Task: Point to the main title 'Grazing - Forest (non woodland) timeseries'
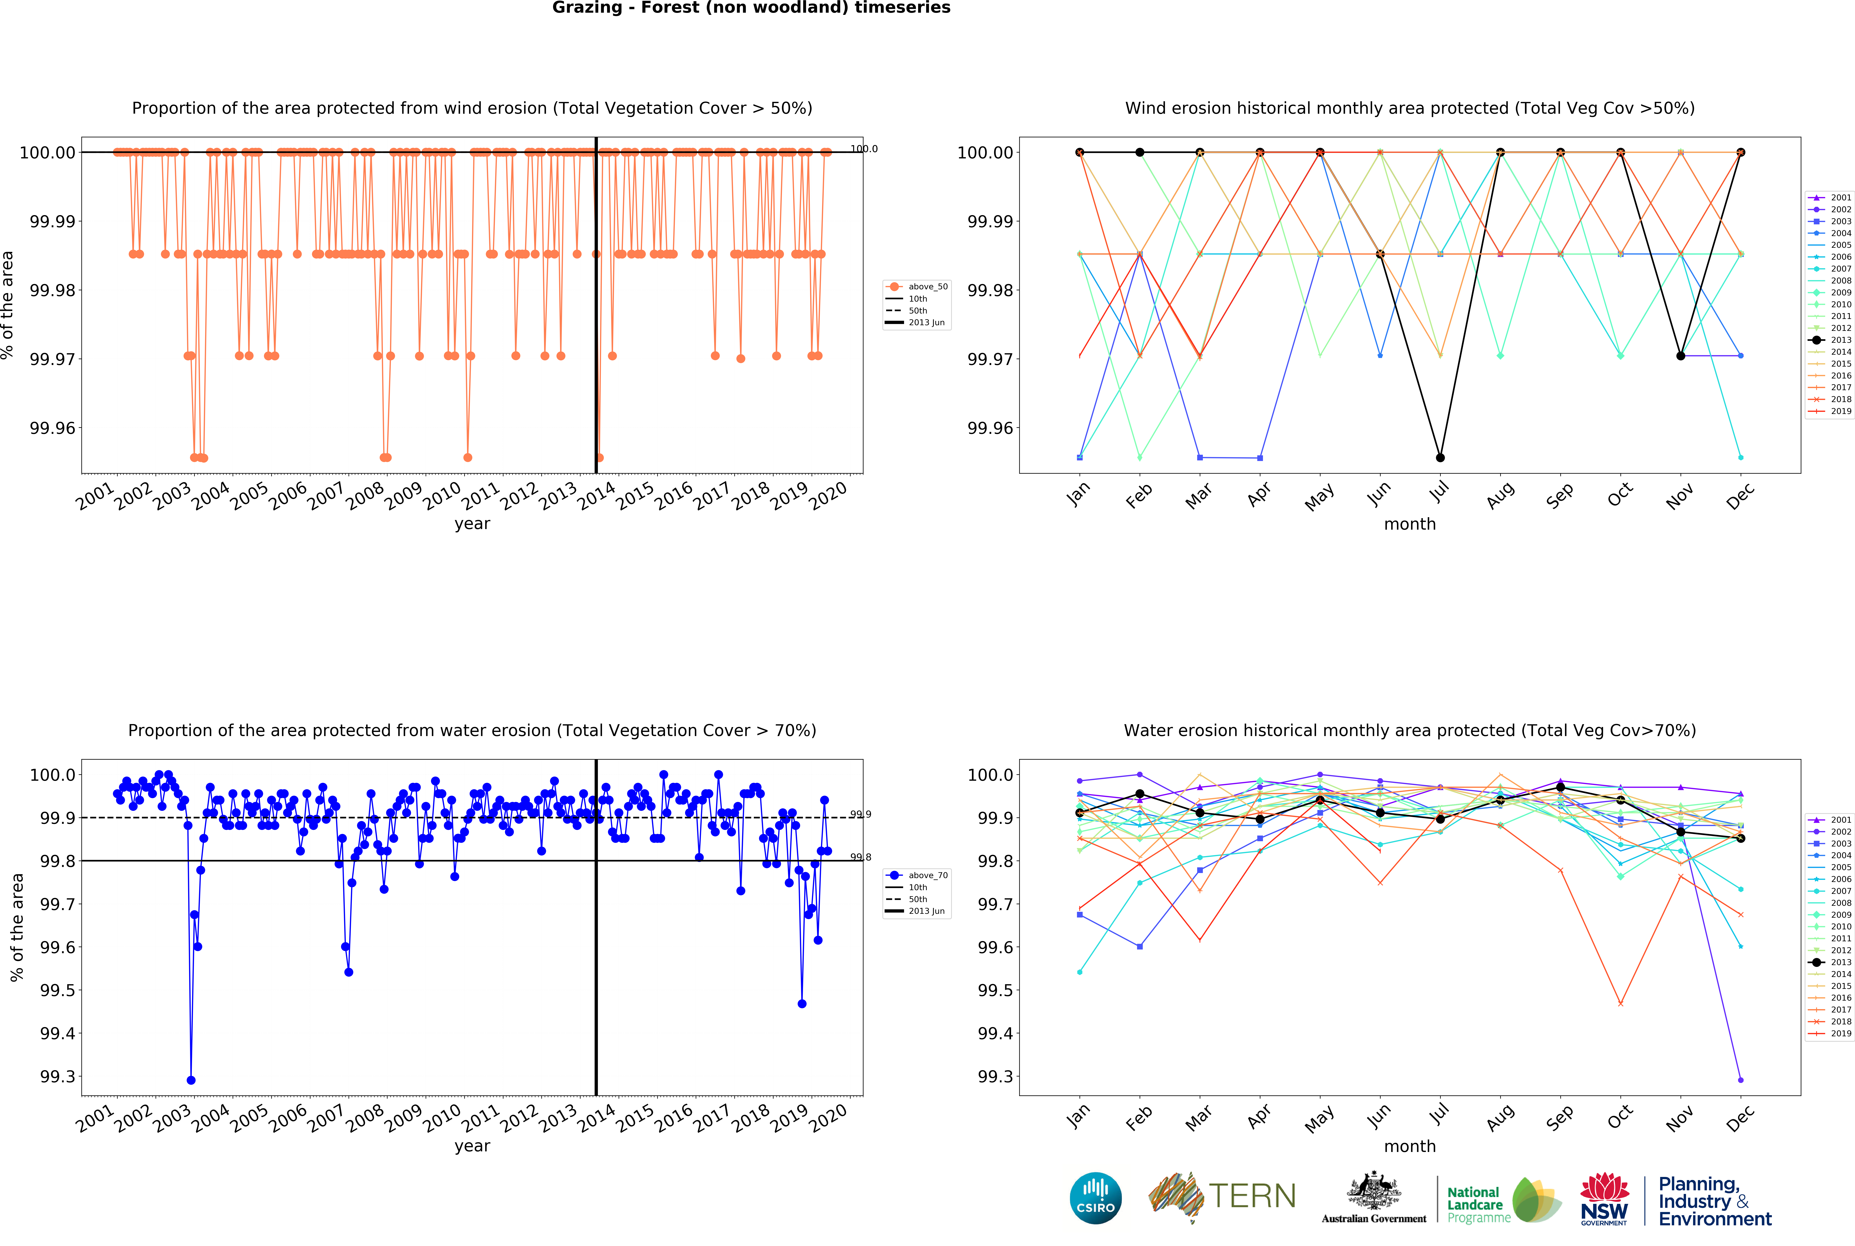751,8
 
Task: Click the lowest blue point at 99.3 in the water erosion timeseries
191,1080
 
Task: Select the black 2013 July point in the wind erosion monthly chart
1440,458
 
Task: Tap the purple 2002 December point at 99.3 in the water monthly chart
1741,1080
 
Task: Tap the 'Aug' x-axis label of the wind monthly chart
1500,496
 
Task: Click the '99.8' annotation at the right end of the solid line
861,857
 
